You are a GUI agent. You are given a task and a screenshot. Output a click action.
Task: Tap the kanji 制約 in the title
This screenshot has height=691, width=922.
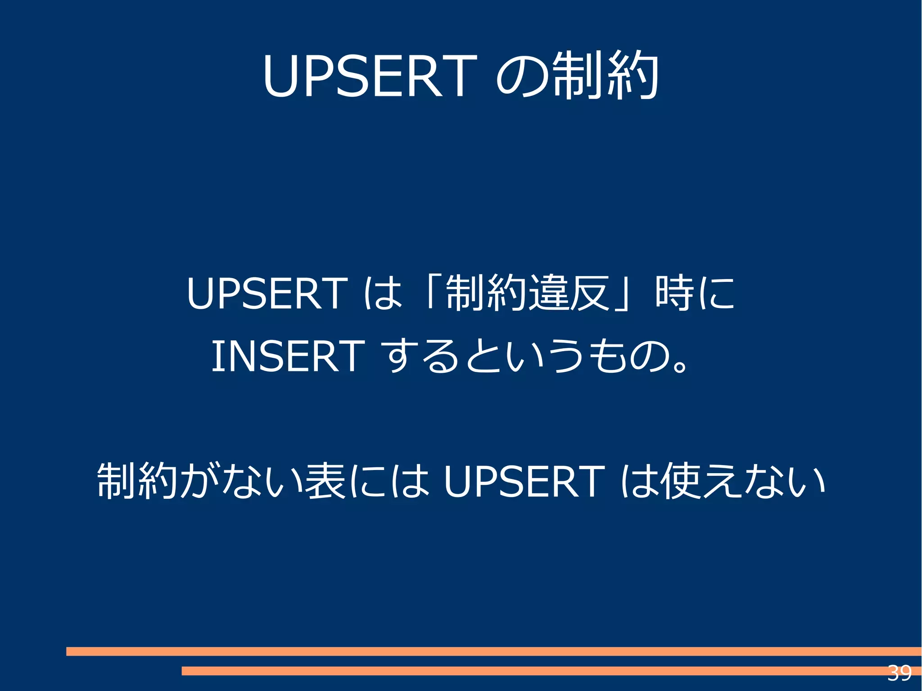[x=606, y=76]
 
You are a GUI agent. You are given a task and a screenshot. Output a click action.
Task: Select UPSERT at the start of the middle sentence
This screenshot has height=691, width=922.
[x=267, y=294]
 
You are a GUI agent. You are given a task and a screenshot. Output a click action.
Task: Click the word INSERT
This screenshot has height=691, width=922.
[x=288, y=356]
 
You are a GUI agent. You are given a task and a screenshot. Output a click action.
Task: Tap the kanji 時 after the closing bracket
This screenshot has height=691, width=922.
[x=674, y=294]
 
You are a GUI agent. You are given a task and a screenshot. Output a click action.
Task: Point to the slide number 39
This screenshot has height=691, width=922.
[x=899, y=673]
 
